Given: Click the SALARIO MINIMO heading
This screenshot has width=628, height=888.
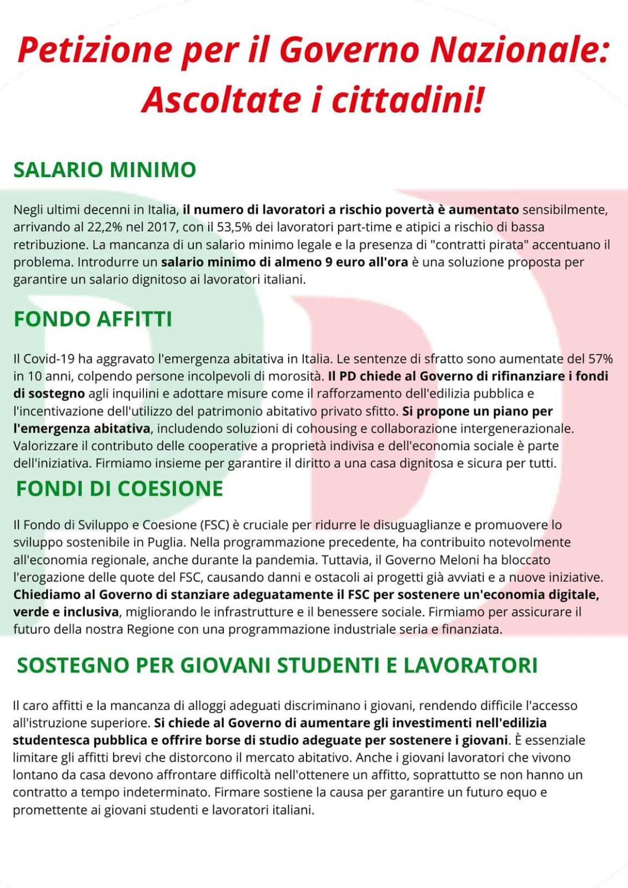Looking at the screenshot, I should coord(105,169).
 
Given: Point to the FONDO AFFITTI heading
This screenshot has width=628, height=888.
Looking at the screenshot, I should coord(93,319).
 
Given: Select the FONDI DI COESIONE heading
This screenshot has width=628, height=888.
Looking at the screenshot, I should coord(119,488).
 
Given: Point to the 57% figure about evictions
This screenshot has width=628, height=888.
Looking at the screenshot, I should coord(600,359).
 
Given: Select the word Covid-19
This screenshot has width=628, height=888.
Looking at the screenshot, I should coord(49,359).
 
